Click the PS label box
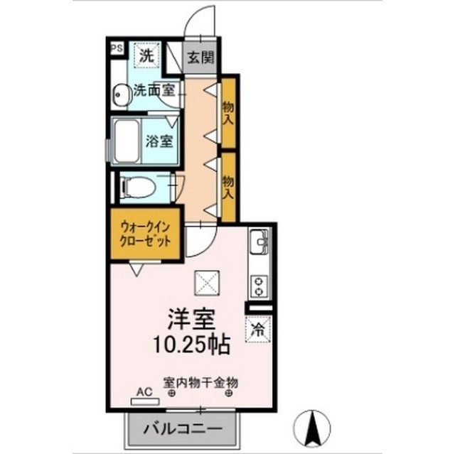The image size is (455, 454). pyautogui.click(x=116, y=48)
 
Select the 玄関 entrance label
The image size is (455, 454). pyautogui.click(x=200, y=58)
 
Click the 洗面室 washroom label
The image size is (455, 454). pyautogui.click(x=155, y=91)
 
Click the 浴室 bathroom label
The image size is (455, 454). pyautogui.click(x=159, y=141)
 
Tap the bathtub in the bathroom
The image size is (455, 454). pyautogui.click(x=127, y=141)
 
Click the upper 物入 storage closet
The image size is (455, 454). pyautogui.click(x=228, y=112)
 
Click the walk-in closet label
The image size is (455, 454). pyautogui.click(x=145, y=234)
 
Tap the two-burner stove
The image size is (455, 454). pyautogui.click(x=257, y=285)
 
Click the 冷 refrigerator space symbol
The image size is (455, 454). pyautogui.click(x=258, y=329)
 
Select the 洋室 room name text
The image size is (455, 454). pyautogui.click(x=191, y=317)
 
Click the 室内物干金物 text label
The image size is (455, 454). pyautogui.click(x=200, y=382)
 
